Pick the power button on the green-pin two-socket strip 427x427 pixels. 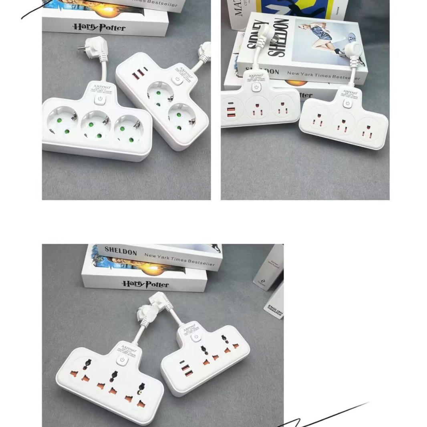177,79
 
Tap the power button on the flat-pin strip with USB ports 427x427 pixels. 256,87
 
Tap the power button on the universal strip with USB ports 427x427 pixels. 195,337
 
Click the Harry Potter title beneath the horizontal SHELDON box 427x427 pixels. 145,284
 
